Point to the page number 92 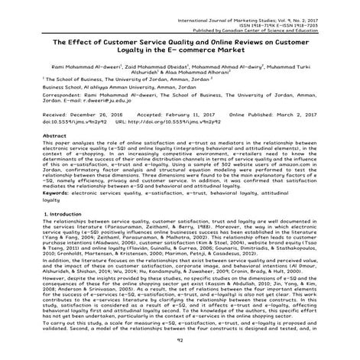[180, 350]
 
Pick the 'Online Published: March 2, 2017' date [274, 114]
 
